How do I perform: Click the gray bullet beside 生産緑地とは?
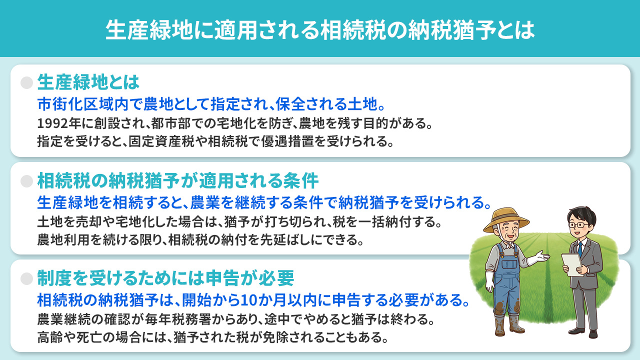(x=26, y=83)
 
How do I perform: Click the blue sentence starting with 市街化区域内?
(x=210, y=104)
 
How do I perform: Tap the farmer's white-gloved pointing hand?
(x=539, y=257)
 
